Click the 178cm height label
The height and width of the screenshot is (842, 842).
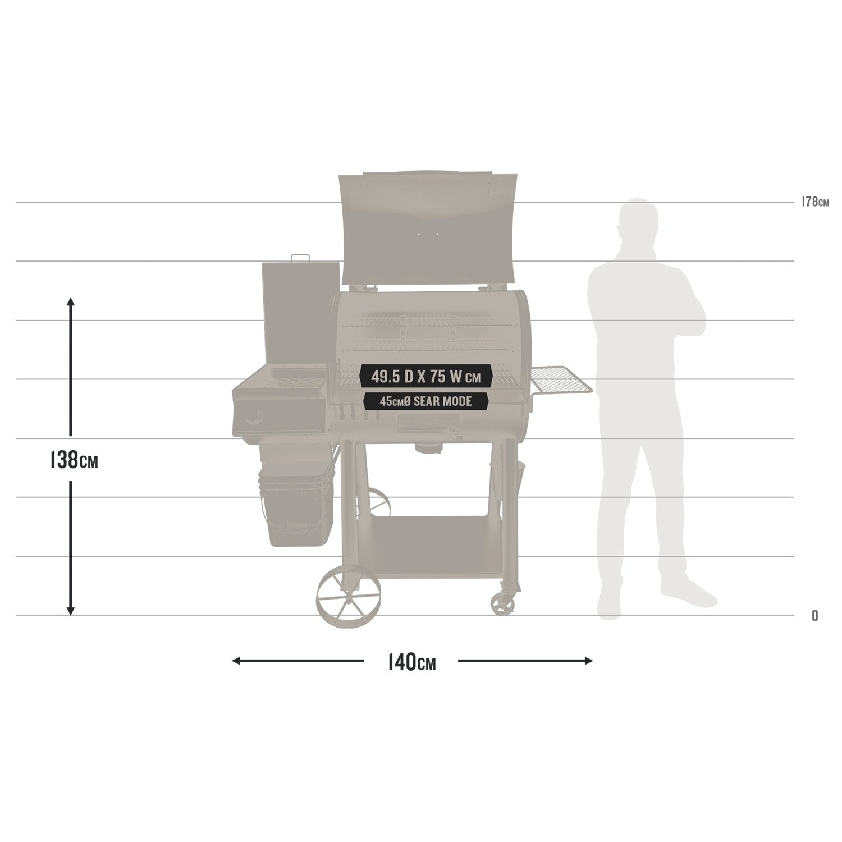click(815, 202)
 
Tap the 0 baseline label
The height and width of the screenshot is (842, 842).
click(814, 616)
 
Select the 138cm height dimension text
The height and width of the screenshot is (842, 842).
click(74, 460)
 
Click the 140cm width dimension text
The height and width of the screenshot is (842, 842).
click(411, 662)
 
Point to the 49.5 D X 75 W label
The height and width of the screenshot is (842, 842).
click(426, 377)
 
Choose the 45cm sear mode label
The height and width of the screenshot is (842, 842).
click(426, 401)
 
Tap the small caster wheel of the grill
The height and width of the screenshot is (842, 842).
click(502, 603)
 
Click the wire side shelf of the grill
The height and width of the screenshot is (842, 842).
click(560, 379)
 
